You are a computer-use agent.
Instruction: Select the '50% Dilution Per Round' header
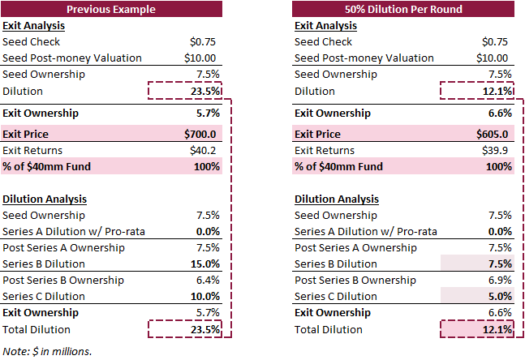402,10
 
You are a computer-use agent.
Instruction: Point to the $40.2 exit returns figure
206,150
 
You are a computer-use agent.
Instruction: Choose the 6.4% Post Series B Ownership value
208,280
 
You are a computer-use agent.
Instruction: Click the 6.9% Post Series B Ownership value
500,280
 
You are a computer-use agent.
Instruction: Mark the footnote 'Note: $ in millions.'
47,350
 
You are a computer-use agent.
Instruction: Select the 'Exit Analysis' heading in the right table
325,25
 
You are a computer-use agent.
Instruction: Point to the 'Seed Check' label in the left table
30,41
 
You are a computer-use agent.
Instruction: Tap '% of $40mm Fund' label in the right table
338,166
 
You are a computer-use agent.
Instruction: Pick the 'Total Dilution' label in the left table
37,329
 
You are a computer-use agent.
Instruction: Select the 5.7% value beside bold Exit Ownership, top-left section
208,113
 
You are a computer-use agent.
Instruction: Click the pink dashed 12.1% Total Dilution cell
497,329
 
